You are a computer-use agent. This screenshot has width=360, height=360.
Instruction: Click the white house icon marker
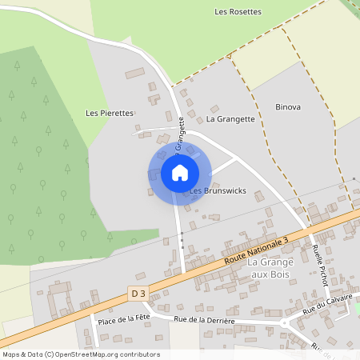click(x=179, y=172)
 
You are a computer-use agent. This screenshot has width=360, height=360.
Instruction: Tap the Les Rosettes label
click(x=238, y=12)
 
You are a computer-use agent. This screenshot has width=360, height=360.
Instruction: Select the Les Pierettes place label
click(x=110, y=113)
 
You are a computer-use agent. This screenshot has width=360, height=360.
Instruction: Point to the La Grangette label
click(x=230, y=119)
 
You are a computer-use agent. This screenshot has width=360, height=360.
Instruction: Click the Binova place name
click(x=288, y=106)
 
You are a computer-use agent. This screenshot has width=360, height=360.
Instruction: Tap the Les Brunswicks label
click(x=218, y=191)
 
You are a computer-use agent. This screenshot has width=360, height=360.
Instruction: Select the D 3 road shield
click(x=138, y=294)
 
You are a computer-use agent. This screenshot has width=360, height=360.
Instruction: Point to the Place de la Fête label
click(x=124, y=320)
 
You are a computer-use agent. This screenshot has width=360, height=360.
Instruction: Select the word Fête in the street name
click(x=142, y=320)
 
